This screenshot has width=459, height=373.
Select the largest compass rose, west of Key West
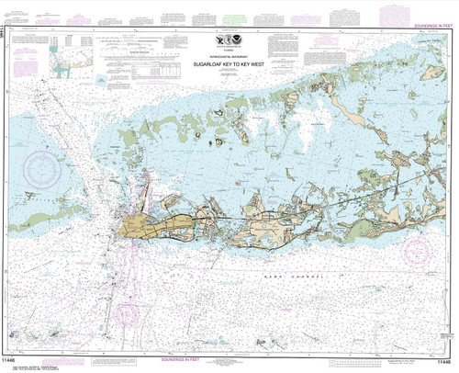(x=41, y=170)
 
